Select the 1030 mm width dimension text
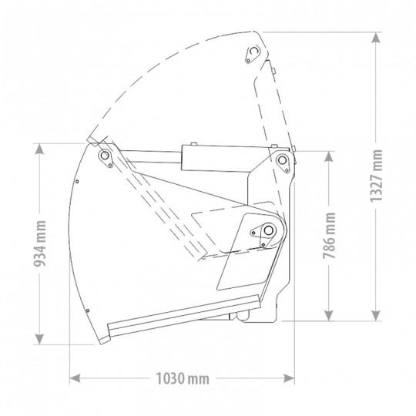click(181, 378)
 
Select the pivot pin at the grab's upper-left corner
click(103, 156)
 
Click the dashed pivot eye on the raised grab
click(250, 52)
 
